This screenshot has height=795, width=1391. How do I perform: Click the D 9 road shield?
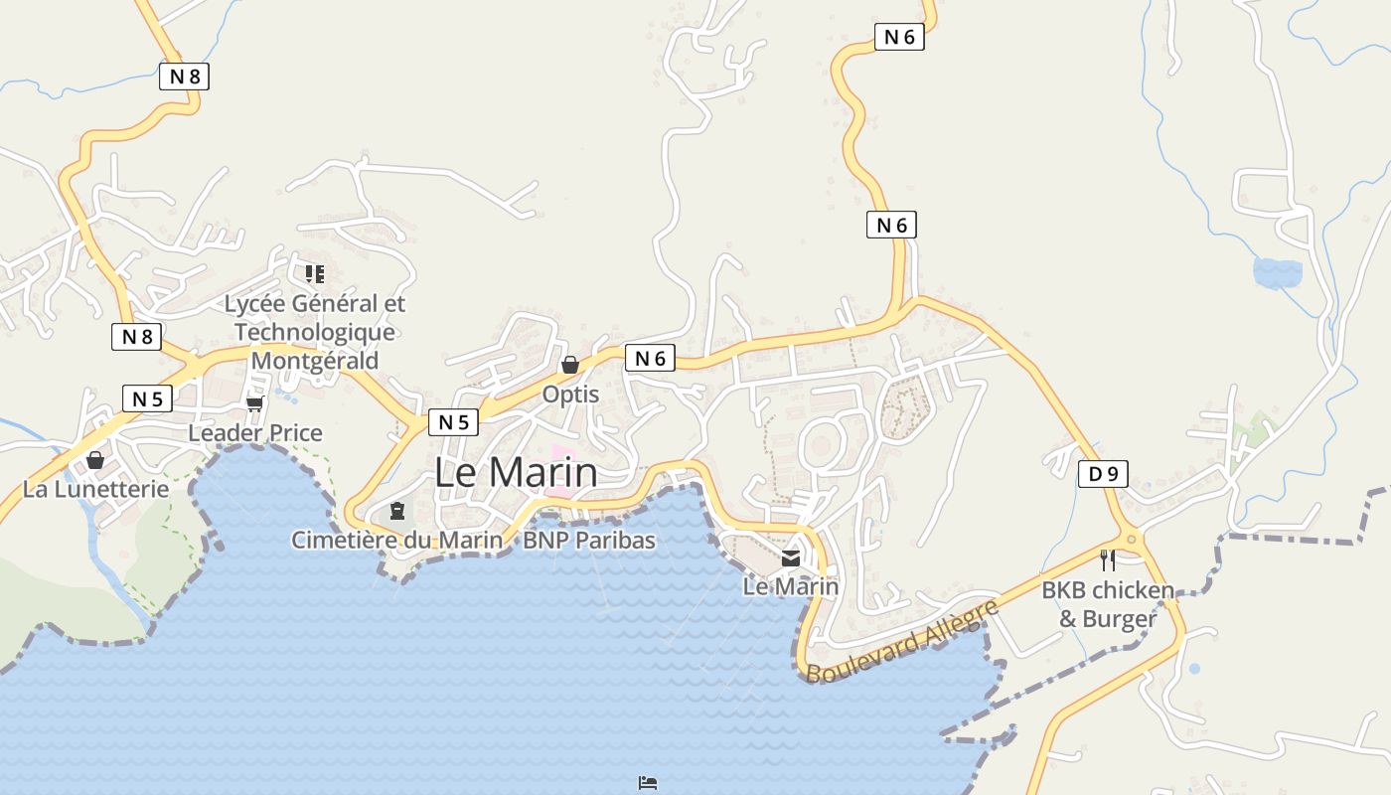point(1103,474)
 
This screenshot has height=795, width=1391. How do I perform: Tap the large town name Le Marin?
point(517,472)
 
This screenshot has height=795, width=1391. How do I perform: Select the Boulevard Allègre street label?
point(902,642)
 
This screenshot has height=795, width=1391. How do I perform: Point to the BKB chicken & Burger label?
point(1108,604)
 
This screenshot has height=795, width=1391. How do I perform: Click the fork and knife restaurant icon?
point(1107,559)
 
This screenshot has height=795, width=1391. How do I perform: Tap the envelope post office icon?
point(791,558)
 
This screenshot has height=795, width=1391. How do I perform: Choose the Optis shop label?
point(570,395)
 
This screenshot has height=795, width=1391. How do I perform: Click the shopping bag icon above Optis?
point(570,365)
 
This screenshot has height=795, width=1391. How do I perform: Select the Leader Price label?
point(255,433)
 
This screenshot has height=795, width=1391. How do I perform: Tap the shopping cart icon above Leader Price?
point(254,403)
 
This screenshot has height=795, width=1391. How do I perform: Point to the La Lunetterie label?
point(95,490)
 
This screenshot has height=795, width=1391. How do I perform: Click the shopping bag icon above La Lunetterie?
point(95,460)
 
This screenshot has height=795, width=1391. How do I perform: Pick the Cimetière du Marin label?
point(396,540)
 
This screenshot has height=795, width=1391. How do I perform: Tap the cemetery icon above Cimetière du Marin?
point(397,511)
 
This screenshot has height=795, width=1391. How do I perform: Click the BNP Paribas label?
point(589,540)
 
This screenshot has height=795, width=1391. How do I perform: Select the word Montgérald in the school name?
point(315,361)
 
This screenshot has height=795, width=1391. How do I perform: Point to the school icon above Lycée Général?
point(315,273)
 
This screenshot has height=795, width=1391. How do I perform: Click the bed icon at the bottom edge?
point(648,783)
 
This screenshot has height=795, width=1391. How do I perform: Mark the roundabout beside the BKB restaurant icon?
point(1132,540)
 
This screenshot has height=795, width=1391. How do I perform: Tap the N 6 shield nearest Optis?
point(650,359)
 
